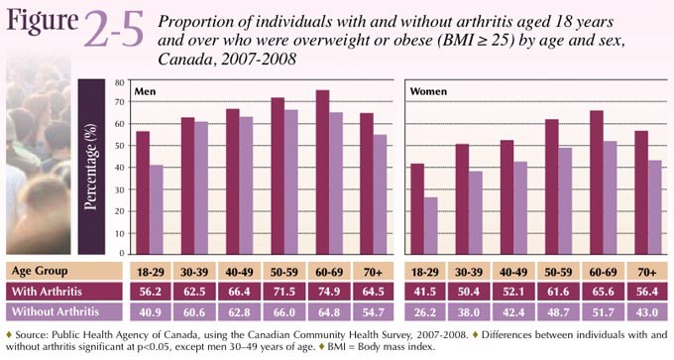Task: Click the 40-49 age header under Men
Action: click(x=243, y=270)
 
